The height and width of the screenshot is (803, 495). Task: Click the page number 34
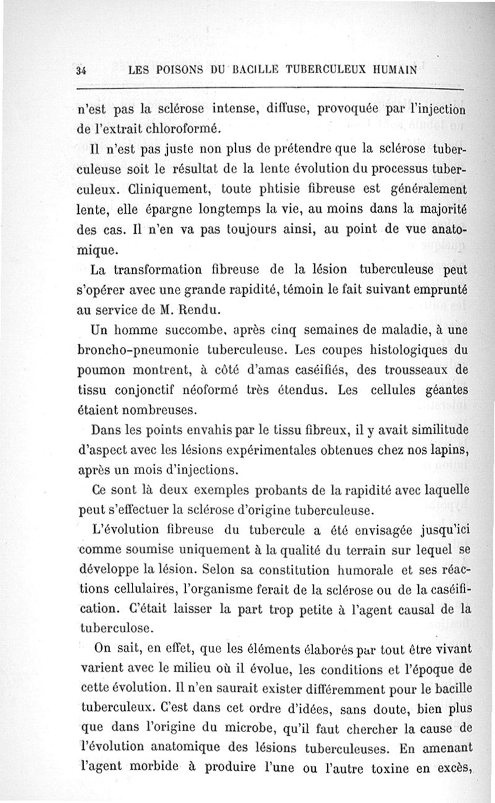coord(80,70)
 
